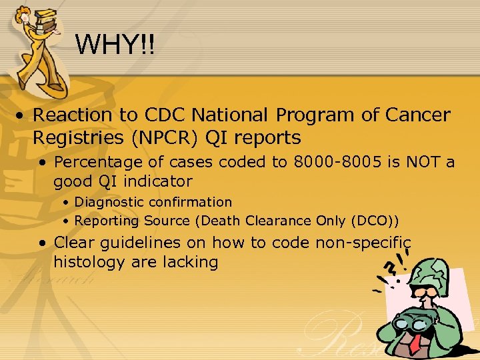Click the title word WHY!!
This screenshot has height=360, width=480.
[x=115, y=45]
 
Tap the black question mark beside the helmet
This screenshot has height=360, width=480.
[x=390, y=267]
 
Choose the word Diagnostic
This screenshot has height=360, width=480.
[x=109, y=201]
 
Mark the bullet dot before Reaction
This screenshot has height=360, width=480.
[x=22, y=115]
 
